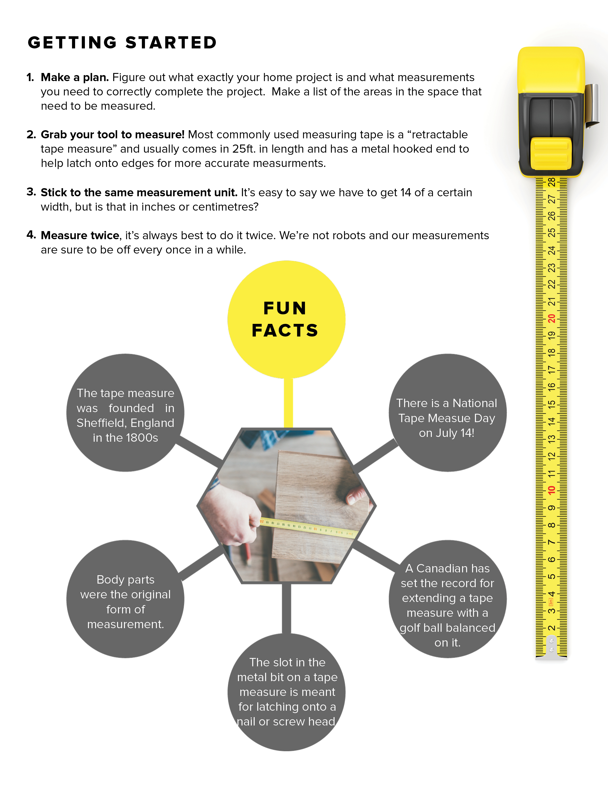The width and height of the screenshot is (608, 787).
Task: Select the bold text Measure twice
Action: [80, 235]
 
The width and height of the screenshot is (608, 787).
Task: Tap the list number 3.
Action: [31, 192]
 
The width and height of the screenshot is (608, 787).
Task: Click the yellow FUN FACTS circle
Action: [286, 319]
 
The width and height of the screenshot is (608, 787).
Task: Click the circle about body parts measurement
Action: [125, 599]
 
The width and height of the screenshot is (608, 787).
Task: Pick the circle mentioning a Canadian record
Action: [447, 599]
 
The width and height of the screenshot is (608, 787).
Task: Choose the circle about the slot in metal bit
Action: [286, 692]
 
